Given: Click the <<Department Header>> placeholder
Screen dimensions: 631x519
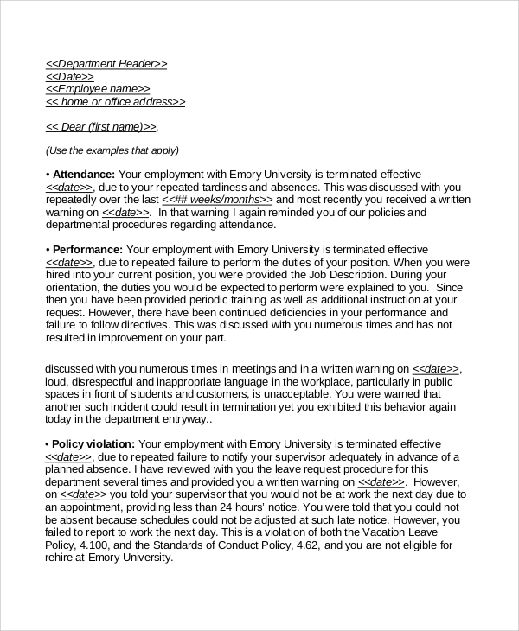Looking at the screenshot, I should [x=106, y=64].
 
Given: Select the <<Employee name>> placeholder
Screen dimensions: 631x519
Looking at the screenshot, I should [x=97, y=89].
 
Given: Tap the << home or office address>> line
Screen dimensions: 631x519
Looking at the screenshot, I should [x=115, y=102].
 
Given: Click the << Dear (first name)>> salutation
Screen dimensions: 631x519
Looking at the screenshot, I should [x=101, y=126].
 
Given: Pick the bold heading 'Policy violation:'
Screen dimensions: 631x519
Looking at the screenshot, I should [x=93, y=444].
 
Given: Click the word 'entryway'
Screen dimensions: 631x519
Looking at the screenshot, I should [x=185, y=419].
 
